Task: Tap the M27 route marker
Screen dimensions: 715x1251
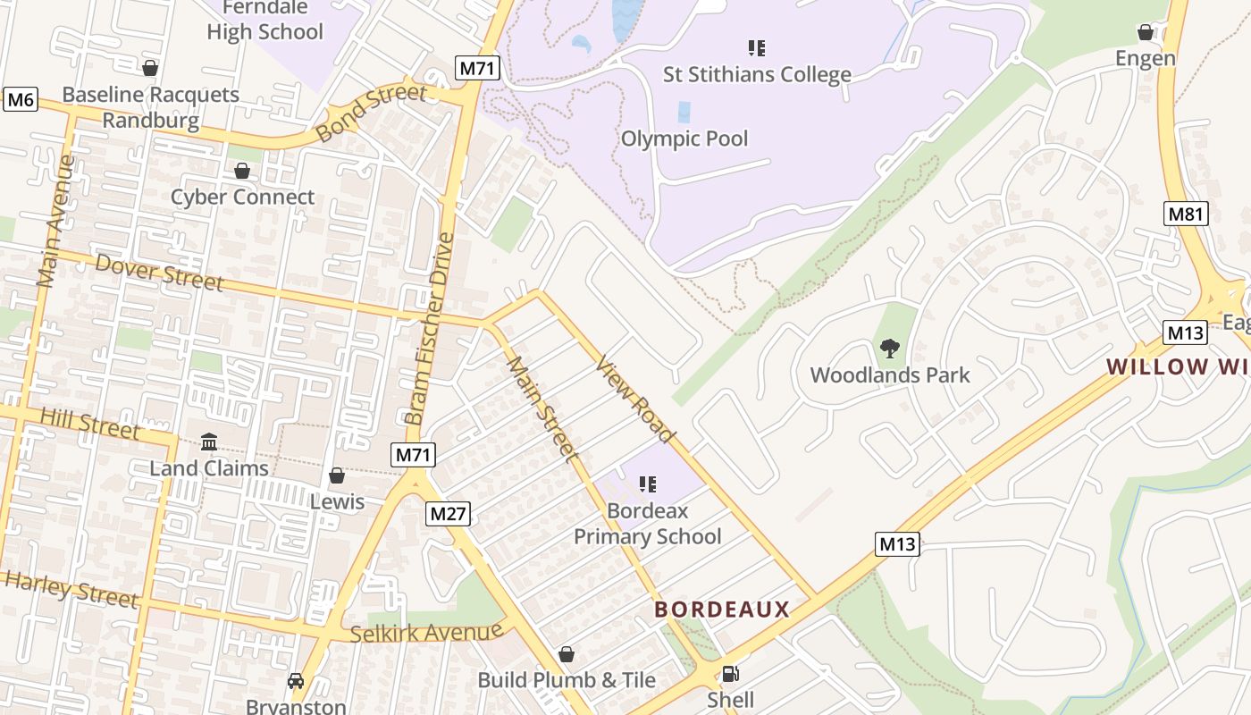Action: (448, 513)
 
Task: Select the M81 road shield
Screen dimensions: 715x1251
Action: (1186, 214)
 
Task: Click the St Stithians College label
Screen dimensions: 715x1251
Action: (757, 74)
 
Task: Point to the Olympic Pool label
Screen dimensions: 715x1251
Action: (684, 139)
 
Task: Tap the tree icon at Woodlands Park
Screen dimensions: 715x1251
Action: (889, 349)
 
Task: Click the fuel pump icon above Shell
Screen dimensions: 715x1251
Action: (730, 674)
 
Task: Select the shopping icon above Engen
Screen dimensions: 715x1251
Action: (1146, 33)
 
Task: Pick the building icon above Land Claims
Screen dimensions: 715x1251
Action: (209, 442)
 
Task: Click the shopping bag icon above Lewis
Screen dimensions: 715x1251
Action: (337, 475)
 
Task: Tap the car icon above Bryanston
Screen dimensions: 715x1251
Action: (296, 681)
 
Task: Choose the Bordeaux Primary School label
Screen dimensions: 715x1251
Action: (648, 524)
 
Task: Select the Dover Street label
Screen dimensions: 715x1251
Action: (159, 272)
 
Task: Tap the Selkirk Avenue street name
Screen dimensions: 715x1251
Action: (426, 633)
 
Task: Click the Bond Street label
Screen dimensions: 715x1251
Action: (372, 113)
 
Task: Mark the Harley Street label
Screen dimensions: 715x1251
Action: (71, 590)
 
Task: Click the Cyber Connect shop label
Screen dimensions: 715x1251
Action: (242, 198)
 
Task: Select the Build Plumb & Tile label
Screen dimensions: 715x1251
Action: (567, 680)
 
